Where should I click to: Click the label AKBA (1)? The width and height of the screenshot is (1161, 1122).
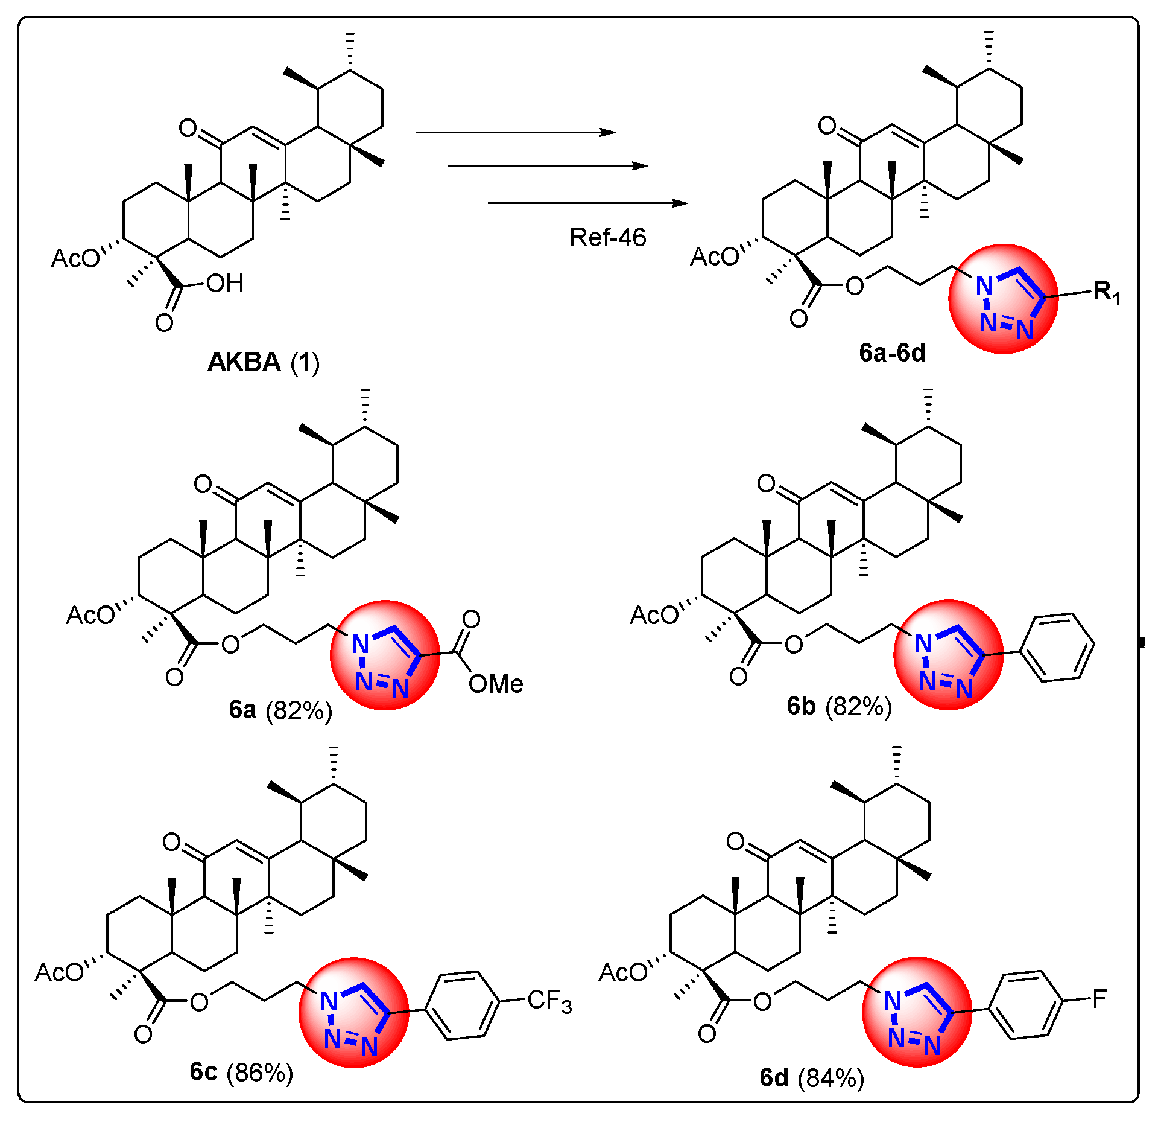click(x=264, y=362)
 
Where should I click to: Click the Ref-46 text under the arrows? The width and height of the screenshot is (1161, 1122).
click(x=607, y=237)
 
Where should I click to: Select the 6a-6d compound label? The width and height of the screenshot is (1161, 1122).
click(x=892, y=352)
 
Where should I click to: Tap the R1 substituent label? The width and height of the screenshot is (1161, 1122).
click(x=1107, y=293)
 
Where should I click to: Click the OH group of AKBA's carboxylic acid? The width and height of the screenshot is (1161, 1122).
click(x=224, y=283)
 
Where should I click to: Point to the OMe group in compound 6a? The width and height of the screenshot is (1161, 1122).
click(x=496, y=684)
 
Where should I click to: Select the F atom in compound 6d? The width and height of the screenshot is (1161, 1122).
click(x=1099, y=999)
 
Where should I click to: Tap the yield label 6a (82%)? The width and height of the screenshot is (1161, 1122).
click(x=280, y=710)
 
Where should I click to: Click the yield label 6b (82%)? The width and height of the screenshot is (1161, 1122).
click(x=839, y=706)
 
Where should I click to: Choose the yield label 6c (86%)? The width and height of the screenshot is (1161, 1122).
click(x=241, y=1072)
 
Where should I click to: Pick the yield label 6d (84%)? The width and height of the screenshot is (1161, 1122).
click(x=812, y=1077)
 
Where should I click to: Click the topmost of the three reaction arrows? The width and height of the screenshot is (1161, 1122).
click(x=516, y=132)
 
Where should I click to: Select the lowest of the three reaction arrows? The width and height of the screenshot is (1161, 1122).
click(x=588, y=203)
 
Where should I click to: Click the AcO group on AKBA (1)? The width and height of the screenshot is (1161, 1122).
click(x=75, y=258)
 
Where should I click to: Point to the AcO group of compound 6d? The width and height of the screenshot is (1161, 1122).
click(x=622, y=972)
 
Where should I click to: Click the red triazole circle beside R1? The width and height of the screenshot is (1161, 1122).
click(x=1003, y=299)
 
